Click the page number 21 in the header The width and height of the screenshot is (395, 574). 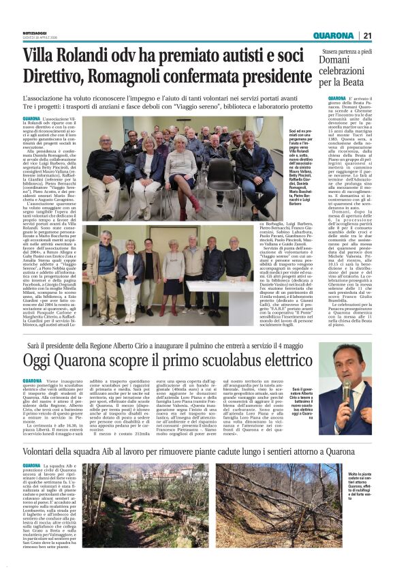pyautogui.click(x=367, y=36)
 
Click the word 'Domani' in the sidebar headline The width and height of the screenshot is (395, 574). pyautogui.click(x=336, y=61)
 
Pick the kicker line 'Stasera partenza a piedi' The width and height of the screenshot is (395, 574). pyautogui.click(x=348, y=50)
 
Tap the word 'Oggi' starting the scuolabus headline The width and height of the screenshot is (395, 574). pyautogui.click(x=42, y=360)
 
